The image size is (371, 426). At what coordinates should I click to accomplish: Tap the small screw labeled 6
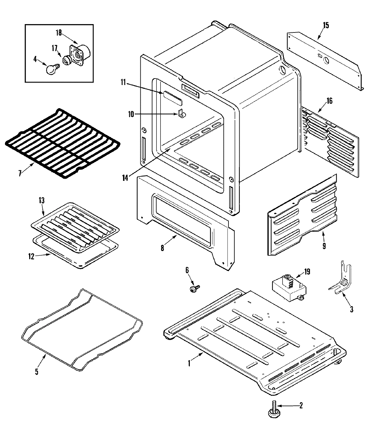pyautogui.click(x=194, y=288)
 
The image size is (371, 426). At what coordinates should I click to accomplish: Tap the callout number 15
pyautogui.click(x=326, y=25)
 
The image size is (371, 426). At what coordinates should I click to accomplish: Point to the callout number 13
pyautogui.click(x=41, y=201)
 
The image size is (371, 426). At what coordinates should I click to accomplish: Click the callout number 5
pyautogui.click(x=36, y=372)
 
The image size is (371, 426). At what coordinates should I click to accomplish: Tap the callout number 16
pyautogui.click(x=330, y=101)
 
